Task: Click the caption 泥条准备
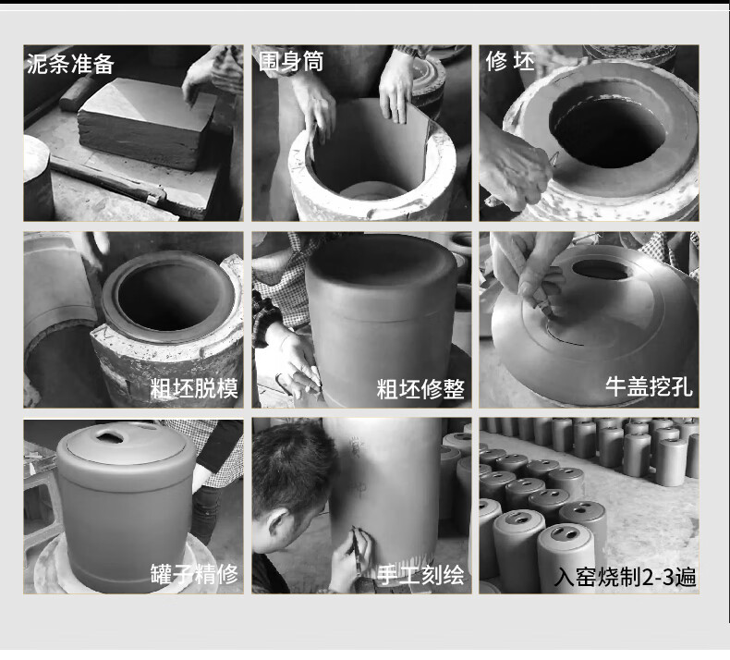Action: [70, 64]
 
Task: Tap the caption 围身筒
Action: [291, 61]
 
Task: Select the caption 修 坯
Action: [510, 61]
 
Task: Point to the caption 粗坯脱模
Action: [194, 388]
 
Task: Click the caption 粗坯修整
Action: [420, 389]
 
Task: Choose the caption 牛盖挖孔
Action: [649, 386]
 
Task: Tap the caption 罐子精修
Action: [194, 574]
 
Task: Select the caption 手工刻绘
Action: [420, 575]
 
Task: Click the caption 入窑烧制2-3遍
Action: [626, 577]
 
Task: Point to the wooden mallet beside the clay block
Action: [78, 94]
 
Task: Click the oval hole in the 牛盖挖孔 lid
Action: [602, 269]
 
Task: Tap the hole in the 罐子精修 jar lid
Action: [110, 436]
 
